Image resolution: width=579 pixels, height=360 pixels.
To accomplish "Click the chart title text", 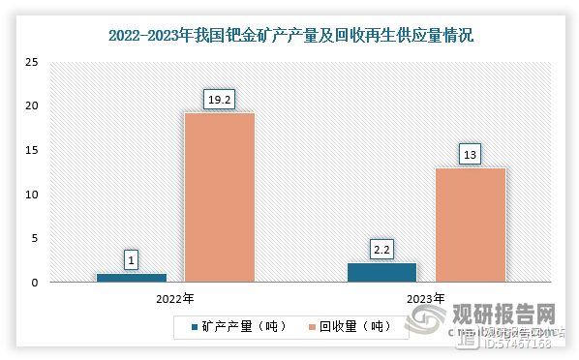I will pos(289,38).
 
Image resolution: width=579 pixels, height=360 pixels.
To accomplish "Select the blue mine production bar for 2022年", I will pos(131,278).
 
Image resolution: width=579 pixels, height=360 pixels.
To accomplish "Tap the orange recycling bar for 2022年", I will pos(220,197).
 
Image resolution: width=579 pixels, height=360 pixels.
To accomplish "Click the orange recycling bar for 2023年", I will pos(471,225).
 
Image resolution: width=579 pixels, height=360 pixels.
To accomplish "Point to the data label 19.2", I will pos(220,98).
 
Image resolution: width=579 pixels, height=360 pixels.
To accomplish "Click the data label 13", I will pos(471,153).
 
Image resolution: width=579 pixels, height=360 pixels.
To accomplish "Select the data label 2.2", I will pos(381,249).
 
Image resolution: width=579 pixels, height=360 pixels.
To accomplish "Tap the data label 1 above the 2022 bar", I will pos(131,259).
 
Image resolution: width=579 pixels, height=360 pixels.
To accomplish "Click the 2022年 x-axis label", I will pos(175,298).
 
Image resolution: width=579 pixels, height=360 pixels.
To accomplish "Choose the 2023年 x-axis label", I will pos(426,298).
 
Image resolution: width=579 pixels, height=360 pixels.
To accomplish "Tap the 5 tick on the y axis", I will pos(35,238).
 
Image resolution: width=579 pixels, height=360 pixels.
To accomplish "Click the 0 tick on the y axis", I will pos(35,283).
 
